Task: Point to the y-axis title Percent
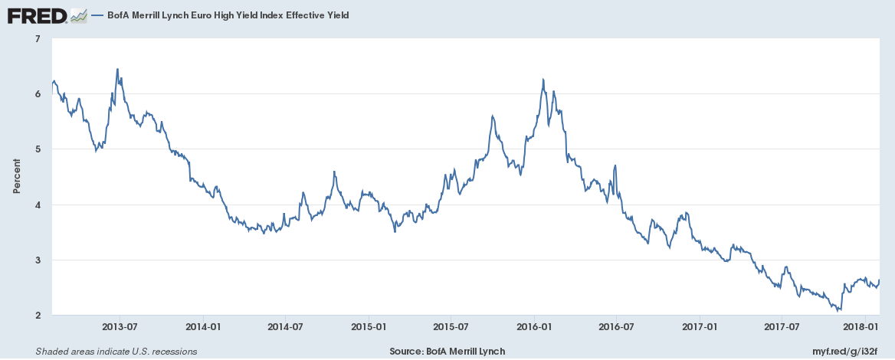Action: pos(16,176)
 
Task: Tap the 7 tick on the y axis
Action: pos(38,38)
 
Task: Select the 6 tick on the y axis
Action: pos(38,93)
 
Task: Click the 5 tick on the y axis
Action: pos(38,149)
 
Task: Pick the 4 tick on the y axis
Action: pos(38,205)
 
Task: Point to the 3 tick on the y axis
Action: pos(38,260)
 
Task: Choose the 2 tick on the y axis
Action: pos(38,316)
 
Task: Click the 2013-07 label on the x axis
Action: pos(119,326)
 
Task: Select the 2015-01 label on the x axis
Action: pos(369,326)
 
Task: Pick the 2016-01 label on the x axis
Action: pos(534,326)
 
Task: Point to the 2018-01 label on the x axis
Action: pos(866,326)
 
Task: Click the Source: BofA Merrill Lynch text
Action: pos(447,351)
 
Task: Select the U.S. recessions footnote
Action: pos(116,351)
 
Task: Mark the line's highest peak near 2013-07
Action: pos(117,69)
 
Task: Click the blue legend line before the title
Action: pos(97,15)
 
